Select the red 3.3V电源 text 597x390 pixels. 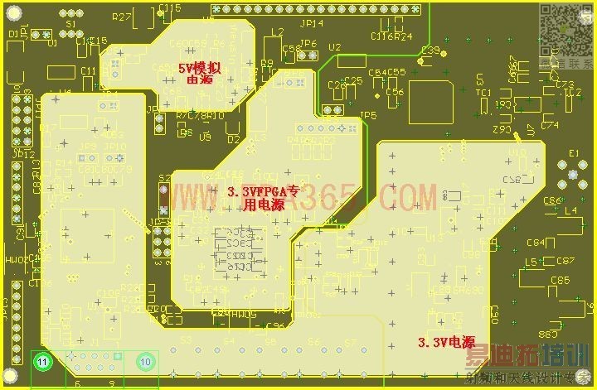[x=445, y=341]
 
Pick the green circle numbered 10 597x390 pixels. [x=146, y=362]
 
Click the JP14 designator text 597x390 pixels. [x=312, y=24]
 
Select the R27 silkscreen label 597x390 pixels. [x=122, y=17]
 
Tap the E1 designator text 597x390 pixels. [x=573, y=152]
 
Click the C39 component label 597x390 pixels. [x=430, y=51]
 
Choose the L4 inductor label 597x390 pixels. [x=570, y=211]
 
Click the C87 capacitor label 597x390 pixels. [x=565, y=261]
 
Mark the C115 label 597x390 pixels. [x=170, y=7]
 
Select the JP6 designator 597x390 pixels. [x=308, y=44]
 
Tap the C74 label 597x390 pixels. [x=549, y=125]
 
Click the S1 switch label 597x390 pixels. [x=71, y=24]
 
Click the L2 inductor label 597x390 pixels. [x=277, y=31]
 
